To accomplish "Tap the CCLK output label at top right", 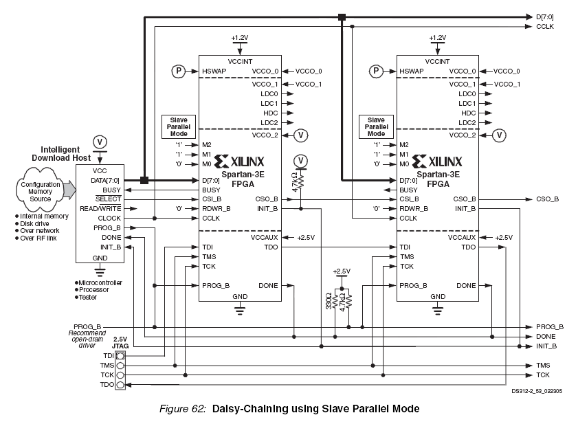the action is pos(545,27).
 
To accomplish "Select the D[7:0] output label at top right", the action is pos(544,17).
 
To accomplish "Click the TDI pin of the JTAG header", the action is pos(120,356).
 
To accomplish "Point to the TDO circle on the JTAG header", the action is pos(120,385).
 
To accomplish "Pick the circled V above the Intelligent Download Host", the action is pos(100,142).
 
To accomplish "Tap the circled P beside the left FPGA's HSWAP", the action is pos(179,71).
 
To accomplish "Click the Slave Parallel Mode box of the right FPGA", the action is pos(376,127).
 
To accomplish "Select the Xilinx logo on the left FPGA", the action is pos(239,161).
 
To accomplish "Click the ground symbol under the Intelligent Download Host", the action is pos(100,272).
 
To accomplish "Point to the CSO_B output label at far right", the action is pos(547,199).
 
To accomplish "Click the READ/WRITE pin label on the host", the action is pos(100,209).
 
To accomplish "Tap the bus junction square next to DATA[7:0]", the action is pos(144,180).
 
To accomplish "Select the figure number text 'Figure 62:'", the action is pos(182,408).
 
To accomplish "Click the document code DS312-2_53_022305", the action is pos(537,391).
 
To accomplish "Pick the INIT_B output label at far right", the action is pos(546,346).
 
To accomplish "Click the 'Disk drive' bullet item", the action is pos(32,224).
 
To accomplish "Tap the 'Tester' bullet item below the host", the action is pos(86,297).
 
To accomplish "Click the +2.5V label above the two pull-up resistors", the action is pos(342,271).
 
